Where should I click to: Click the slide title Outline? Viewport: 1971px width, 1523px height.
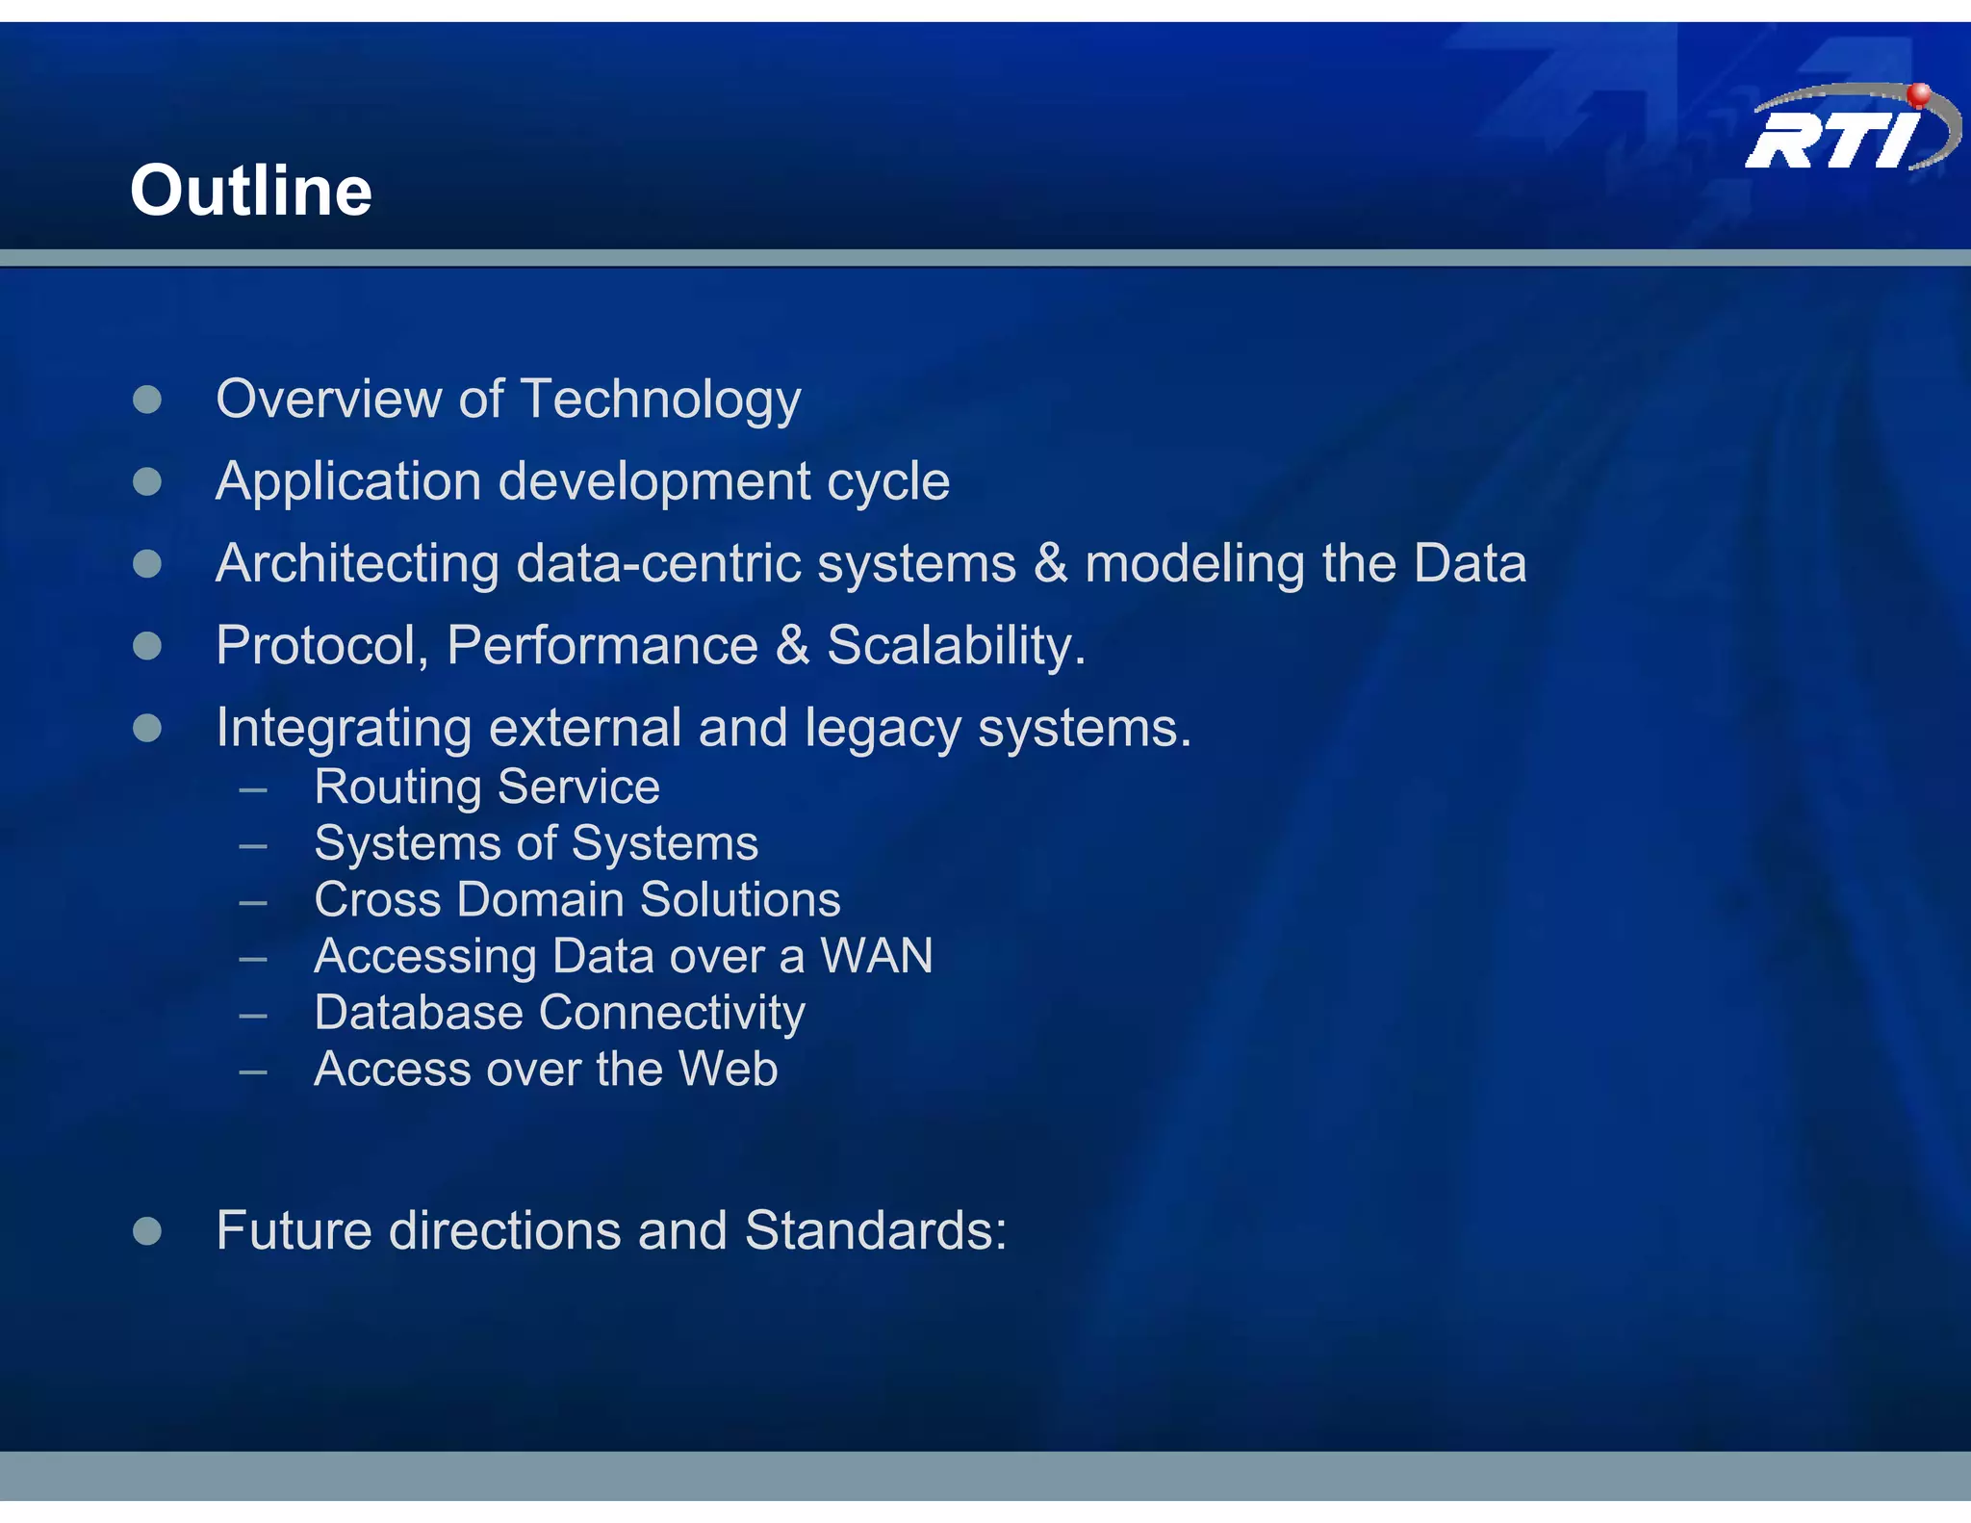(251, 191)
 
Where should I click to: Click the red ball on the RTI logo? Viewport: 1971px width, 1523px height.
(1919, 94)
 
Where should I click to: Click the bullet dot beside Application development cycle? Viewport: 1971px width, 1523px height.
(147, 481)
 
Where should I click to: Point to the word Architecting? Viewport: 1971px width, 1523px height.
(357, 564)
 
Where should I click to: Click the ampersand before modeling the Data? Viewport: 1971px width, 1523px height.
(1050, 564)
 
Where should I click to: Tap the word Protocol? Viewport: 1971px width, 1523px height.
(321, 645)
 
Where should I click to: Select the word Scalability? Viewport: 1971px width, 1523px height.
(956, 645)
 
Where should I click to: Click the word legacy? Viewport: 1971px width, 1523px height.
(883, 729)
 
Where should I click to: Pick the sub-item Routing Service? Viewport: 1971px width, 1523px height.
(487, 787)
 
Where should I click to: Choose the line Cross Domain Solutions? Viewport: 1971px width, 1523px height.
(577, 899)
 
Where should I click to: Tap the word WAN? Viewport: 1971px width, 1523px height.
(876, 956)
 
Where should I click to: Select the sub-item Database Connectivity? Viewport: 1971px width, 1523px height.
(559, 1013)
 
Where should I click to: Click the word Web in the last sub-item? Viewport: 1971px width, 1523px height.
(728, 1069)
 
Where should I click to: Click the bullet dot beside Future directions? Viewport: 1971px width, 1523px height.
(147, 1230)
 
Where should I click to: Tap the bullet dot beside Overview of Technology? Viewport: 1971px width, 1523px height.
(147, 400)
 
